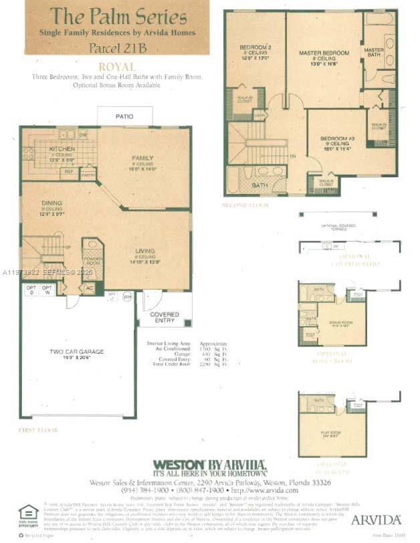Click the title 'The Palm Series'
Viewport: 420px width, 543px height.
118,16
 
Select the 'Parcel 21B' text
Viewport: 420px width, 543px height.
118,47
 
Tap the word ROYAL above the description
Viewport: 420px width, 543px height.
117,67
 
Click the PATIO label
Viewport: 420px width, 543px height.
124,116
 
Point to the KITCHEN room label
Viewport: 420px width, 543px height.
62,148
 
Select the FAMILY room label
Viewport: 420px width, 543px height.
142,158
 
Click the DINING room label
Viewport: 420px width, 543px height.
51,203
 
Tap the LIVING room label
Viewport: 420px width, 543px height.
144,250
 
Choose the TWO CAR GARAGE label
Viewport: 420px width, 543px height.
76,352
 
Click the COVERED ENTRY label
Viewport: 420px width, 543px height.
164,316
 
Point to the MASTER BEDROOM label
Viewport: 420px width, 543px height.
324,53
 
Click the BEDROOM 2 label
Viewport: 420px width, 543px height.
255,47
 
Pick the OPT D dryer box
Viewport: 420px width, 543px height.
31,290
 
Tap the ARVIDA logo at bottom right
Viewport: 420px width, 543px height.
376,519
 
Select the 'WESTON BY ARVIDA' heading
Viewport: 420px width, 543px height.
210,466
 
